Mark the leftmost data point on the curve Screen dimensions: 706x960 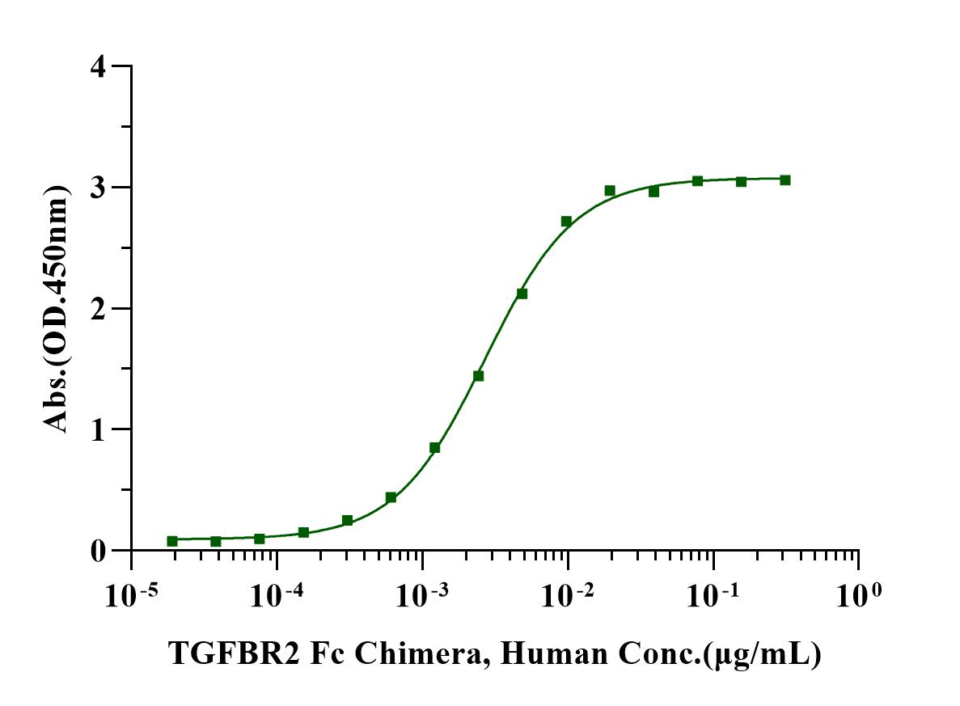coord(172,541)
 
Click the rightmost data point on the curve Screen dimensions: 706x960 coord(784,180)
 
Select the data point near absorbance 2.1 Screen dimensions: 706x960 coord(522,294)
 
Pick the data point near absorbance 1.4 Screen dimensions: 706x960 coord(478,376)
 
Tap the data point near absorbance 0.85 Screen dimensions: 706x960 coord(434,448)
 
